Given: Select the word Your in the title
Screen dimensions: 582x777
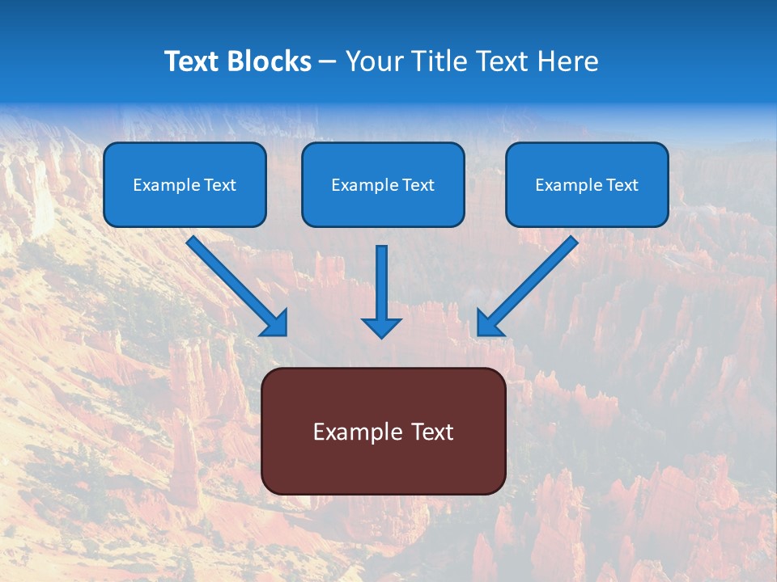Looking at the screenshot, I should (374, 61).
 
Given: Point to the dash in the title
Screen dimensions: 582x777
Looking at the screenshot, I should (328, 62).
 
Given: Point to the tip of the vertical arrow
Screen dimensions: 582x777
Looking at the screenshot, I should (381, 335).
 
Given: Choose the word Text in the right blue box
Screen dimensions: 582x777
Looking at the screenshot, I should (622, 185).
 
